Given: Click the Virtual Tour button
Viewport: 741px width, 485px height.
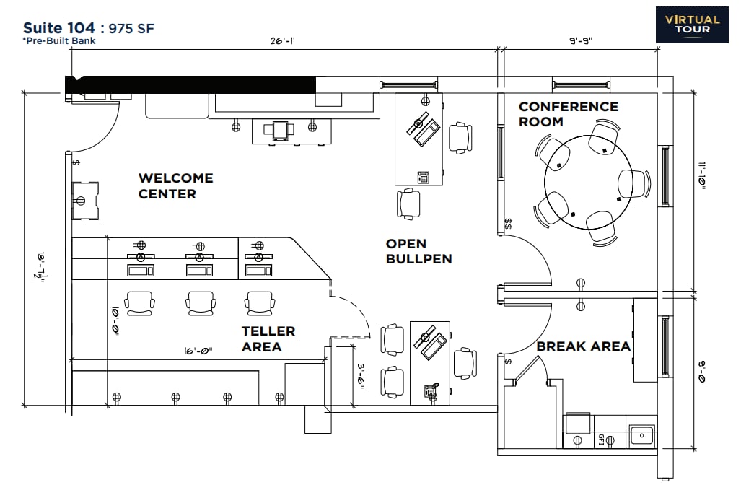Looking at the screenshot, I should (692, 25).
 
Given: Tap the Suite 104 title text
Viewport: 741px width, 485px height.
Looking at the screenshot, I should (58, 28).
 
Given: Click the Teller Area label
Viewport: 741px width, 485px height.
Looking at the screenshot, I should (268, 338).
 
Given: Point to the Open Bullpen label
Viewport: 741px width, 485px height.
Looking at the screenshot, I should (418, 251).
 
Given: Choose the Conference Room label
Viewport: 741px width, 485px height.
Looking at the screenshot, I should (568, 114).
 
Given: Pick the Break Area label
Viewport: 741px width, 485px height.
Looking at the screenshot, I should (583, 346).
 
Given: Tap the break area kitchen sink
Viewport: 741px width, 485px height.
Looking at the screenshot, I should (641, 435).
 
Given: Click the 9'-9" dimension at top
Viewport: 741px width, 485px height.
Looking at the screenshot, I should (581, 42).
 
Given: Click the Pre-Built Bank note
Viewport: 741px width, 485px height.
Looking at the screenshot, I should (59, 41).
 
